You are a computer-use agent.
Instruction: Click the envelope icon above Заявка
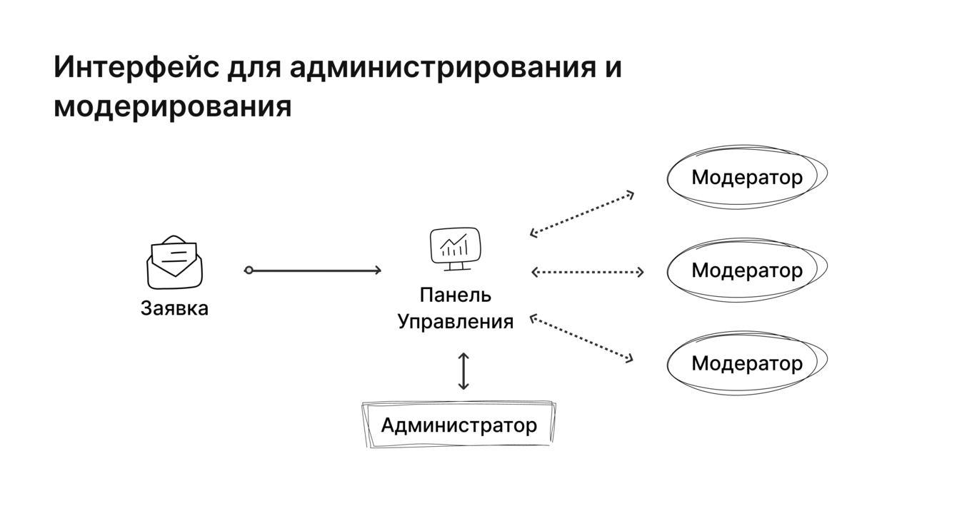pyautogui.click(x=174, y=262)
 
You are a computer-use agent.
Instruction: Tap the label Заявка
pyautogui.click(x=174, y=308)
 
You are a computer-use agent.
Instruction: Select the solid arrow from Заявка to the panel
pyautogui.click(x=314, y=270)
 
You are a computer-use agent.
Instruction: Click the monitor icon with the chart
pyautogui.click(x=455, y=248)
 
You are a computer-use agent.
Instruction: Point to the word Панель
pyautogui.click(x=455, y=295)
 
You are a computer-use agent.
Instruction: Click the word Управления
pyautogui.click(x=455, y=321)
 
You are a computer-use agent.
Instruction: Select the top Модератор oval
pyautogui.click(x=746, y=177)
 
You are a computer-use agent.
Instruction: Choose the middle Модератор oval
pyautogui.click(x=746, y=270)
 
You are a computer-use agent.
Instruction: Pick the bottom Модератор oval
pyautogui.click(x=746, y=363)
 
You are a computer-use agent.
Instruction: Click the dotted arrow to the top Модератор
pyautogui.click(x=582, y=213)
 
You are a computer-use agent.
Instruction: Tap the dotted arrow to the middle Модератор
pyautogui.click(x=587, y=272)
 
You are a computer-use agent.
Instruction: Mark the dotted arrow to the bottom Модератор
pyautogui.click(x=582, y=338)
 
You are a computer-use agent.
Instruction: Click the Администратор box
pyautogui.click(x=459, y=425)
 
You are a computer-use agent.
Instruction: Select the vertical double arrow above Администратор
pyautogui.click(x=464, y=371)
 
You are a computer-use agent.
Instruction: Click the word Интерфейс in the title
pyautogui.click(x=136, y=68)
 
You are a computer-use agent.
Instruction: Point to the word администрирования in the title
pyautogui.click(x=443, y=68)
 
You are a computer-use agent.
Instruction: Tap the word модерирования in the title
pyautogui.click(x=172, y=106)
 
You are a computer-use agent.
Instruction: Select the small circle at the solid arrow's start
pyautogui.click(x=249, y=270)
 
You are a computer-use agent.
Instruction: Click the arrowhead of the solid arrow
pyautogui.click(x=377, y=270)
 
